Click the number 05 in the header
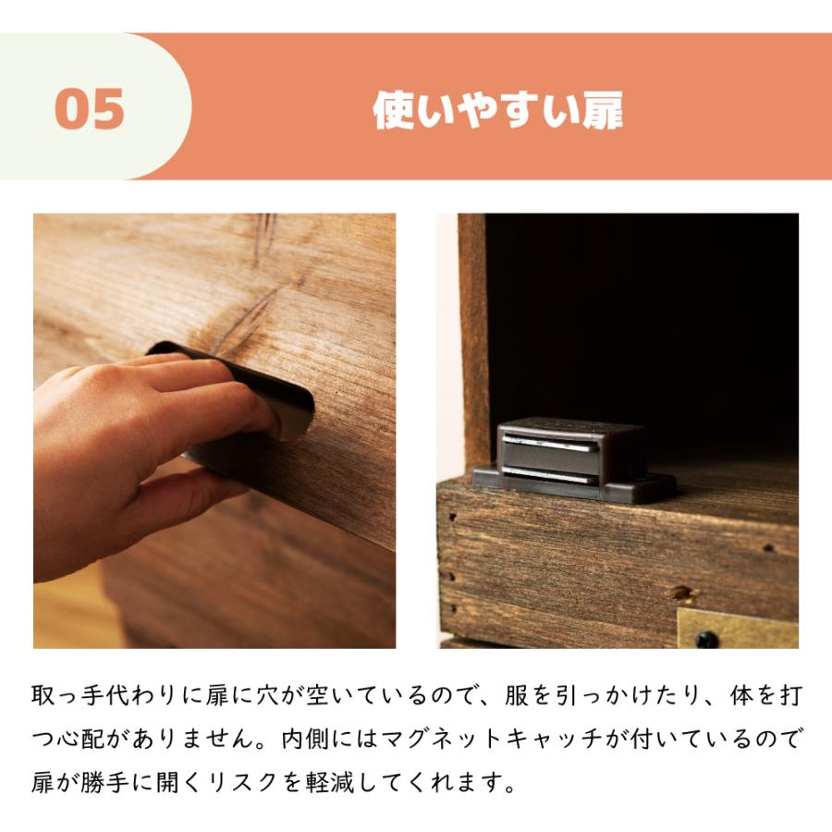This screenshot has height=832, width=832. tap(90, 110)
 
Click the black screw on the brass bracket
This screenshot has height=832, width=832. tap(706, 638)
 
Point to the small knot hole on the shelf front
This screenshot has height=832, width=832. tap(682, 593)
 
